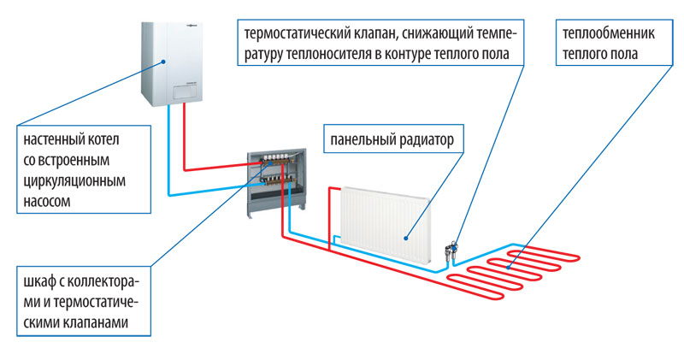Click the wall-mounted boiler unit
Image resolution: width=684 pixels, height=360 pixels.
[172, 64]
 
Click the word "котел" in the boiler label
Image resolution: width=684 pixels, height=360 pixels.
[103, 139]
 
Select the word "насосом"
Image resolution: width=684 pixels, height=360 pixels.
[47, 201]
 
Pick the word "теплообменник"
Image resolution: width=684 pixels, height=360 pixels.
[609, 33]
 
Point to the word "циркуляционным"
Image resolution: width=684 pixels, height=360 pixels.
[74, 181]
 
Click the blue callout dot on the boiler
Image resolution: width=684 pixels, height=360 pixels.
[163, 62]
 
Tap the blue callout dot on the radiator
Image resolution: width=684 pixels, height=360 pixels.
[405, 239]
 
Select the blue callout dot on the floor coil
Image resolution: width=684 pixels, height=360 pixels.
[509, 267]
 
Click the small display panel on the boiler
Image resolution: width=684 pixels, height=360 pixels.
[185, 91]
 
